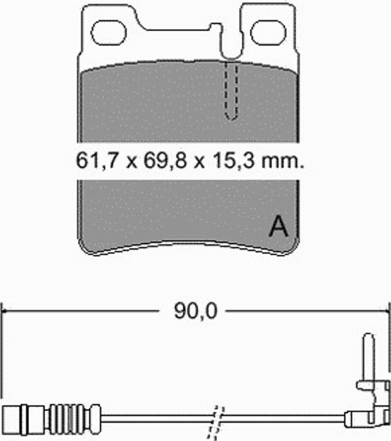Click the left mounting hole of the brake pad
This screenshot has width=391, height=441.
point(108,33)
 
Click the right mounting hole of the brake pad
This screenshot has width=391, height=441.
point(268,33)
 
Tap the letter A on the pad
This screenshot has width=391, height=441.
point(278,226)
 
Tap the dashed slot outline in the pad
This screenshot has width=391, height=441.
point(231,90)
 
